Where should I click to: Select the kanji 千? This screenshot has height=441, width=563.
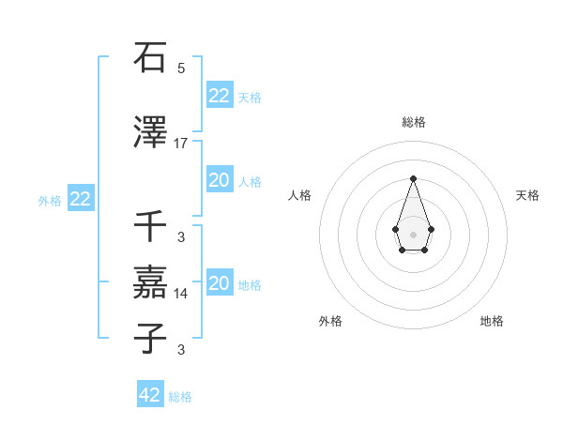pos(151,225)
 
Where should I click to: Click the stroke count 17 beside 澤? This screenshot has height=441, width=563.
pos(181,144)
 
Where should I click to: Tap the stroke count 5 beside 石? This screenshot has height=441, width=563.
pos(181,68)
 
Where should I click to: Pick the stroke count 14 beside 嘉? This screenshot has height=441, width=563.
pos(181,294)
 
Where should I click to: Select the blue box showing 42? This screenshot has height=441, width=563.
pos(150,395)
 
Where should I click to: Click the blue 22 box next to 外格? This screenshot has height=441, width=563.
pos(80,199)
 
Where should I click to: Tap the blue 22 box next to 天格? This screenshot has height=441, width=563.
pos(219,96)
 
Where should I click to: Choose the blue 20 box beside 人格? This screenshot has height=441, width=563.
pos(219,180)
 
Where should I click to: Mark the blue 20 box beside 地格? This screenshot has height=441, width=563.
pos(219,283)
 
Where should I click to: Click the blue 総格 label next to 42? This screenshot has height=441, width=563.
pos(180,397)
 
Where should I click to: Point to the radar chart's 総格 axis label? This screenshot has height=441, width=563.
pos(413,123)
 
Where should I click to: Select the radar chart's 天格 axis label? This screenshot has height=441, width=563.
pos(527,195)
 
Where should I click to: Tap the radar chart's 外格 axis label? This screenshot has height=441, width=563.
pos(330,321)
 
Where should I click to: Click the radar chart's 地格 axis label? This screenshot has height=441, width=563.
pos(492,321)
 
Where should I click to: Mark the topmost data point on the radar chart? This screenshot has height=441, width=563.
pos(413,177)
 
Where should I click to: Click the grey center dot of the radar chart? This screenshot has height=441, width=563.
pos(413,233)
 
